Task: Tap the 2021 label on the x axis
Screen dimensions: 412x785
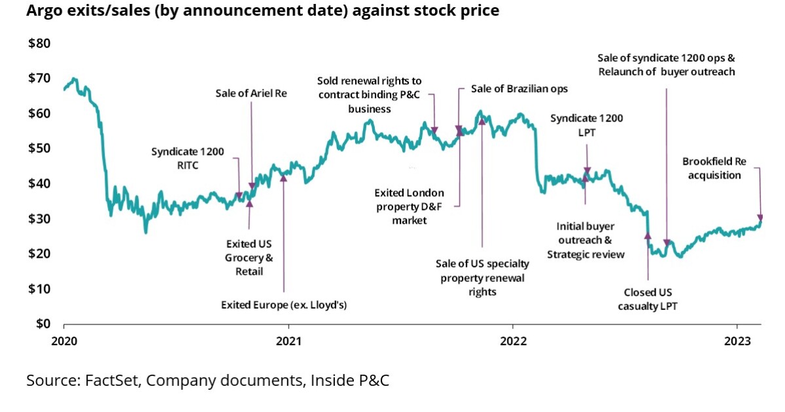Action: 288,340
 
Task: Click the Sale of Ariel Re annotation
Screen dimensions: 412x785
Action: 251,94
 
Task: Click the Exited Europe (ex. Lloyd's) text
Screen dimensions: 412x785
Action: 283,305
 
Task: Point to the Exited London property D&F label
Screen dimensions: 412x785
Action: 409,207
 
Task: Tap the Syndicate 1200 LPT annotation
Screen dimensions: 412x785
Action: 586,125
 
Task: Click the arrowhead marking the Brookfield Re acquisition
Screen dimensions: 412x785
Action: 760,218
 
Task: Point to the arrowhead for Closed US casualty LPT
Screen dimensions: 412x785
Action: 648,235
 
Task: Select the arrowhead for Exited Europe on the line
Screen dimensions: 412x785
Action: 283,176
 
